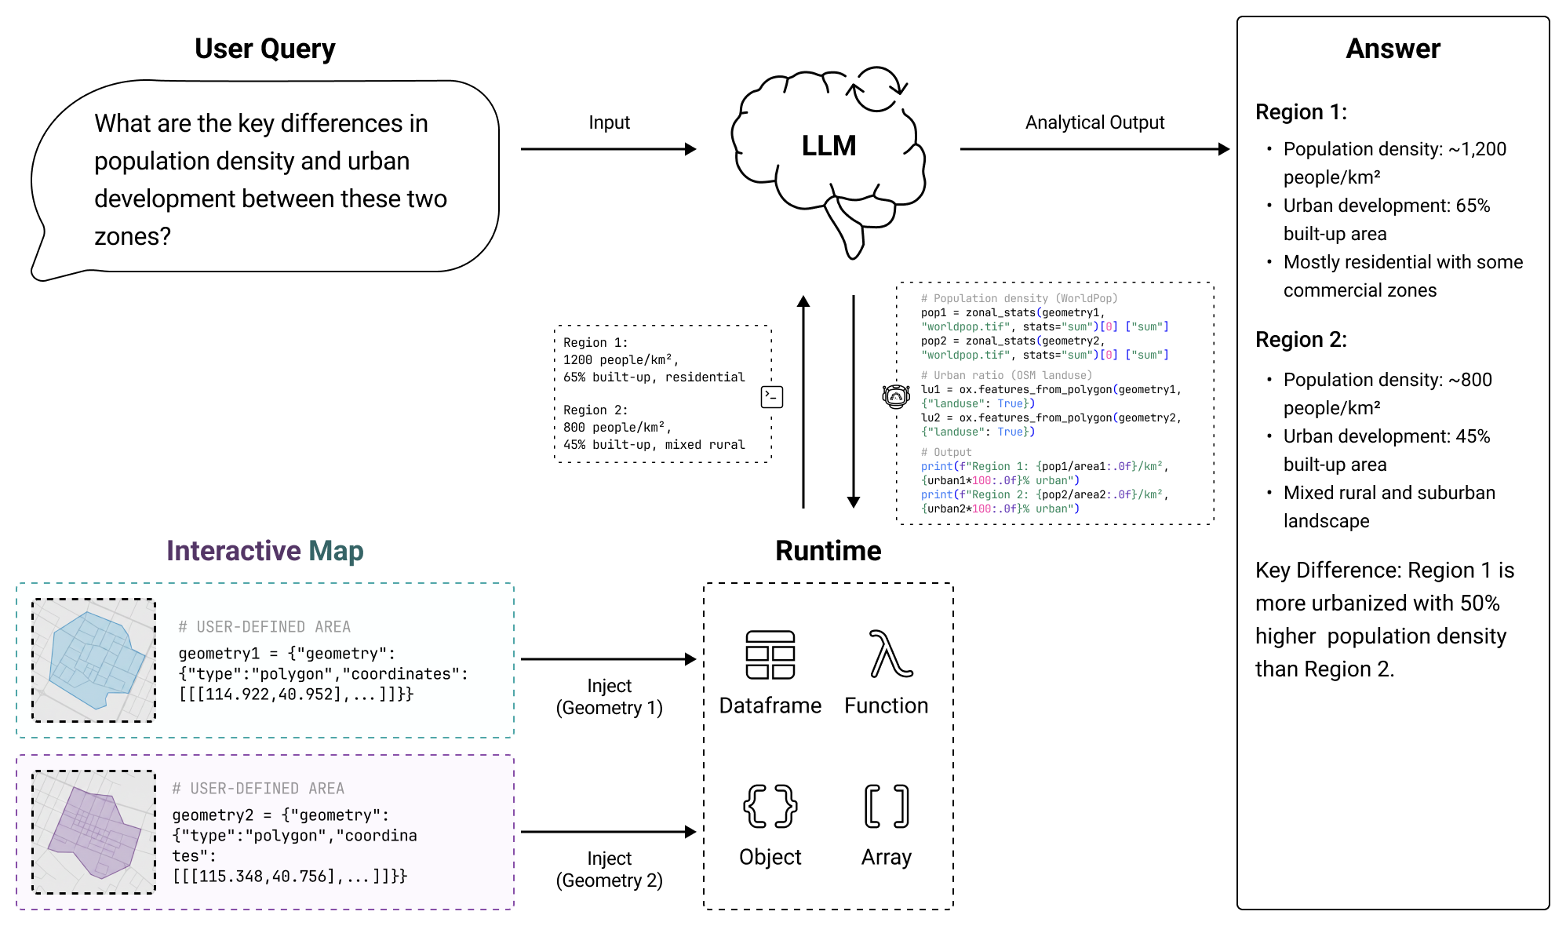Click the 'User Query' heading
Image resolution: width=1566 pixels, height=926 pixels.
(264, 49)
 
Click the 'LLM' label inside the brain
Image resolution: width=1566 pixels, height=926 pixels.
(829, 146)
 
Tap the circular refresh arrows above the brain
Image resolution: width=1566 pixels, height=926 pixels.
(878, 89)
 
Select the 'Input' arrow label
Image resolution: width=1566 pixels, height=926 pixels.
(609, 122)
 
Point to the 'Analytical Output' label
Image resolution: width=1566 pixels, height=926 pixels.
(1094, 122)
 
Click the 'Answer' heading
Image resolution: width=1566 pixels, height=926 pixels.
(1393, 49)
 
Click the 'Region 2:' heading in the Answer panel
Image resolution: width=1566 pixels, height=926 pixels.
(1301, 340)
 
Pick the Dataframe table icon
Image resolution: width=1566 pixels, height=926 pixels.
(770, 655)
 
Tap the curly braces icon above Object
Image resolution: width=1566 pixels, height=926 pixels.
(770, 806)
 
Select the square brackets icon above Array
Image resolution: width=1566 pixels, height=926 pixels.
(887, 806)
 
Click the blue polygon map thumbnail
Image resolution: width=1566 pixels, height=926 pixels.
(94, 660)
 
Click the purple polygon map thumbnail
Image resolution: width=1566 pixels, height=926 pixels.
(94, 832)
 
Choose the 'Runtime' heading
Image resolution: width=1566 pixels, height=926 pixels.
(828, 551)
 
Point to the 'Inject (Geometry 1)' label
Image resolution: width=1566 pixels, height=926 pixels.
(609, 697)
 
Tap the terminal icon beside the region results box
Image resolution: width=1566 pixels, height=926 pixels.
(772, 397)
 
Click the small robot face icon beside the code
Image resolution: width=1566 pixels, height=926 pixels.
(895, 396)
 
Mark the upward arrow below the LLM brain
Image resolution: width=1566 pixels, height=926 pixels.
(803, 400)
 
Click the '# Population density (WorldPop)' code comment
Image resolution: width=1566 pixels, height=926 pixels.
(1018, 298)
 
